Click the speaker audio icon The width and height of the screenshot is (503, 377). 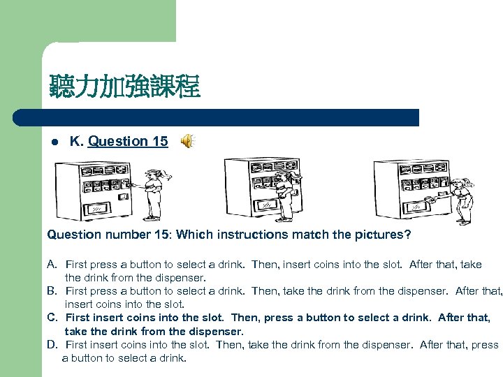point(188,141)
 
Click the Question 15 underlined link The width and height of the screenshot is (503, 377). point(128,141)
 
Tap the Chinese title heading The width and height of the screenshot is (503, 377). point(125,86)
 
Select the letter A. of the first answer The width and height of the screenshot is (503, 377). point(52,265)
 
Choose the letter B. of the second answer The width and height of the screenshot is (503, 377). point(52,291)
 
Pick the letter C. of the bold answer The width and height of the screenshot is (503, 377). point(52,318)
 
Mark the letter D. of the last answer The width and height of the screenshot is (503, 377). point(52,345)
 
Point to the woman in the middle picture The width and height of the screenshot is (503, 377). point(286,196)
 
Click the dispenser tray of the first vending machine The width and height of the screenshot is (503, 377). point(97,209)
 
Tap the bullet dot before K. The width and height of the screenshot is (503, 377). point(55,142)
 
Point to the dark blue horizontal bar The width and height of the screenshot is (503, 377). point(216,118)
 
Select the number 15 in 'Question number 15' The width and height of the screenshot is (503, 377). point(161,235)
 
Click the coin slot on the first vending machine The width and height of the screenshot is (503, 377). point(123,196)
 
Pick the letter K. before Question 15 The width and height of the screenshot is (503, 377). point(77,141)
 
